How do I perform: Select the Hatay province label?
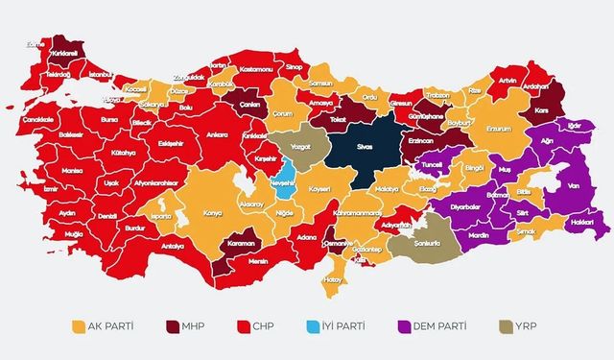click(x=333, y=279)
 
